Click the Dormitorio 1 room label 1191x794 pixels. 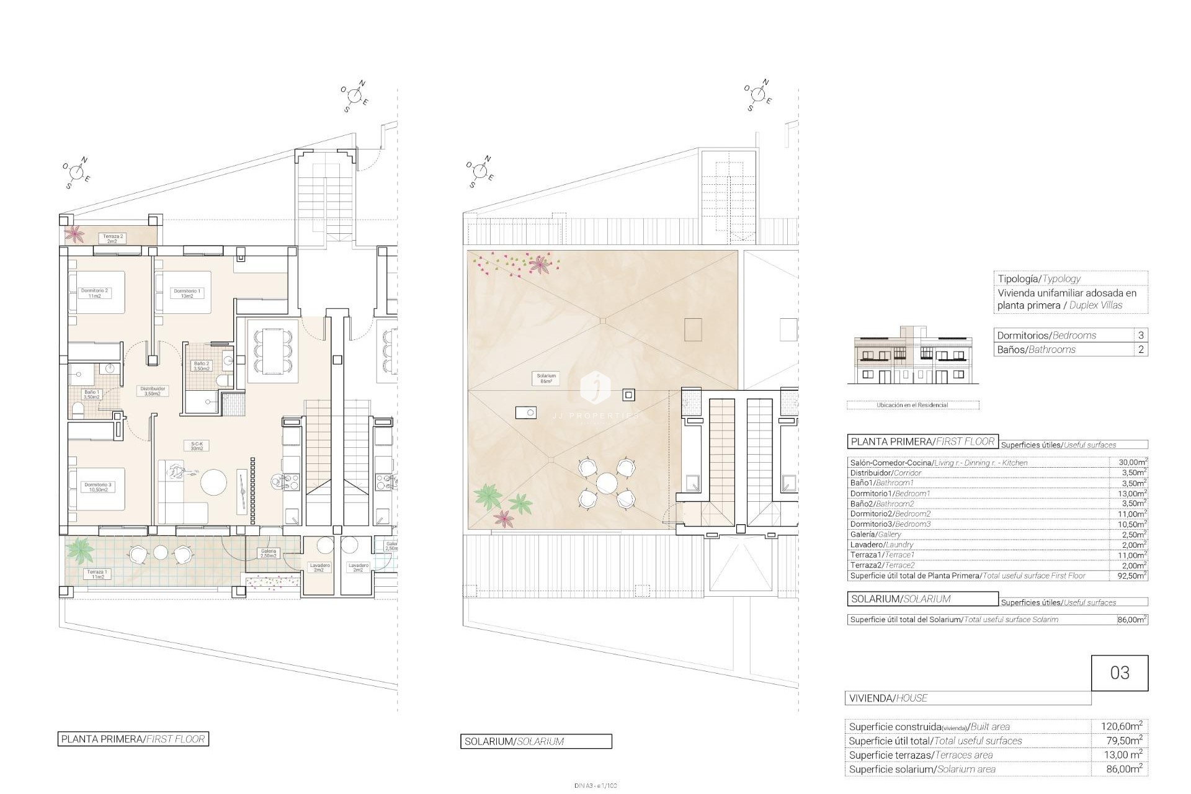(187, 293)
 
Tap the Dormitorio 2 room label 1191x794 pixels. (94, 293)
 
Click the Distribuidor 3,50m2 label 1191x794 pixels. (152, 391)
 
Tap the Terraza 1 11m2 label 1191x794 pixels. (97, 574)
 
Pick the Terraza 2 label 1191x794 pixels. (113, 238)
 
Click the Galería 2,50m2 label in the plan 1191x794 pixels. (268, 553)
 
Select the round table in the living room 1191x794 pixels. (214, 482)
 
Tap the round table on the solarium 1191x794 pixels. (605, 482)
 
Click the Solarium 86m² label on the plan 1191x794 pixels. (546, 378)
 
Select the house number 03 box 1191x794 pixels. (1119, 673)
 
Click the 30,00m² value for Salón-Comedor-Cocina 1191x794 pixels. (1128, 462)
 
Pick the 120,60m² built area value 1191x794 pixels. (1119, 726)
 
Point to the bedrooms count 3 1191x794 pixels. (1141, 335)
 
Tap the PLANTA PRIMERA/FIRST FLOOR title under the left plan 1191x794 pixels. (133, 739)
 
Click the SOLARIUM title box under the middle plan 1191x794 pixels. (535, 741)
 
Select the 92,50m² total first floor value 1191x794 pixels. (1128, 576)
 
